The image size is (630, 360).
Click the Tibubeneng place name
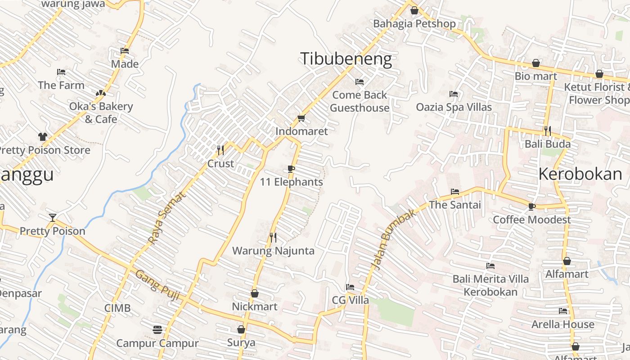click(346, 59)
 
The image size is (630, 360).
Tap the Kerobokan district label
click(580, 174)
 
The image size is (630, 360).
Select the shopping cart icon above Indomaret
click(301, 118)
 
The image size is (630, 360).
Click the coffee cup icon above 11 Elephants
click(291, 169)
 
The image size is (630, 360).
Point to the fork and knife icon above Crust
click(220, 150)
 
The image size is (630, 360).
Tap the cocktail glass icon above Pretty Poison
click(53, 218)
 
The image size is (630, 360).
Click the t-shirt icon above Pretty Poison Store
click(43, 136)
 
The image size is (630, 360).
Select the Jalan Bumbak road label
click(393, 240)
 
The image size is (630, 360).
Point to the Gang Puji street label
click(157, 285)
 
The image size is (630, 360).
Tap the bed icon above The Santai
click(455, 192)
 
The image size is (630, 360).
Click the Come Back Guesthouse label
click(360, 101)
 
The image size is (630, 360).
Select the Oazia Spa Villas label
click(454, 107)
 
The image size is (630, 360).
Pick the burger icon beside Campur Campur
click(157, 330)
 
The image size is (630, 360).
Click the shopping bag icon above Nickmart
click(255, 293)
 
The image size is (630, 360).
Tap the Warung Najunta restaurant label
click(273, 251)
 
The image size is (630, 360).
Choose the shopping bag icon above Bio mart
click(536, 63)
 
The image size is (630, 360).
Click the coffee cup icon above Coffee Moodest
click(531, 207)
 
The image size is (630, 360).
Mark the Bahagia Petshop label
click(414, 23)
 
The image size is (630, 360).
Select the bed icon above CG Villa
click(350, 287)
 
